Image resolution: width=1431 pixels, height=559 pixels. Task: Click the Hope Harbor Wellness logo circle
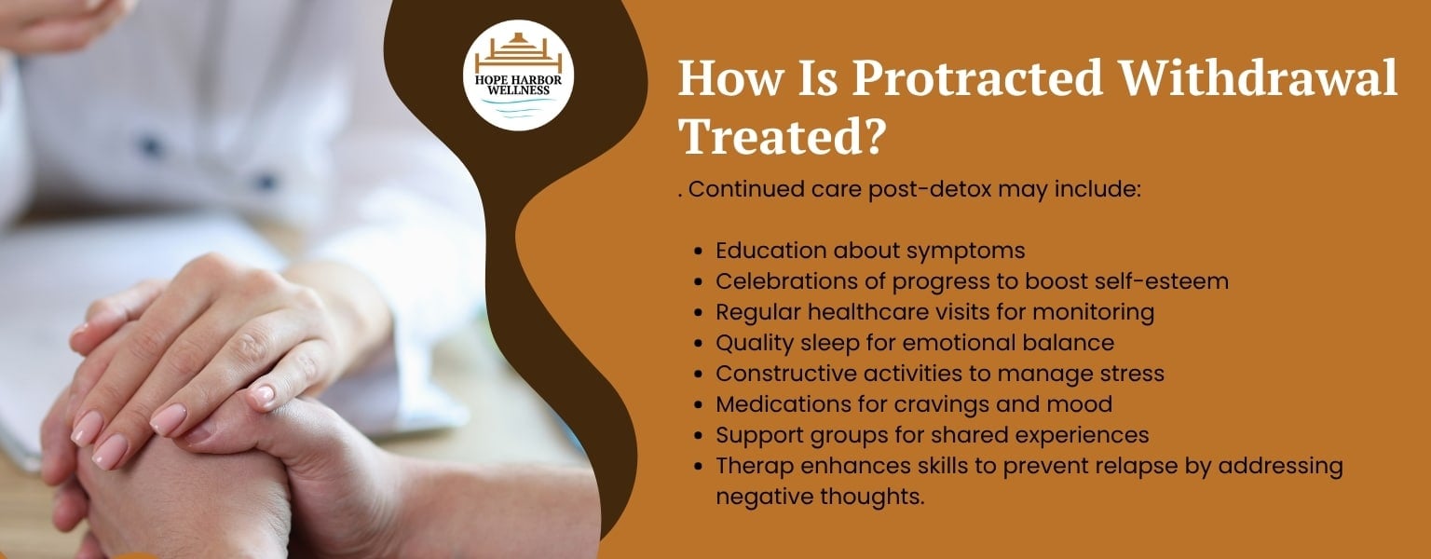tap(518, 75)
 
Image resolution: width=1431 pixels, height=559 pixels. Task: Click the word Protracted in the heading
tap(977, 78)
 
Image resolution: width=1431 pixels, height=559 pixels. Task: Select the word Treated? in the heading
tap(783, 135)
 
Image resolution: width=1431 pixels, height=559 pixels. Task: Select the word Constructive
tap(785, 373)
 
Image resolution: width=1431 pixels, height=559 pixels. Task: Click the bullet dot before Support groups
tap(699, 436)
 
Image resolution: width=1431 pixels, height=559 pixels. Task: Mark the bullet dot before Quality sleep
tap(699, 344)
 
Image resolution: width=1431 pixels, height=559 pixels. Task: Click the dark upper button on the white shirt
tap(149, 146)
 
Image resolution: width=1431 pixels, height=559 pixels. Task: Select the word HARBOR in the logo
tap(538, 80)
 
